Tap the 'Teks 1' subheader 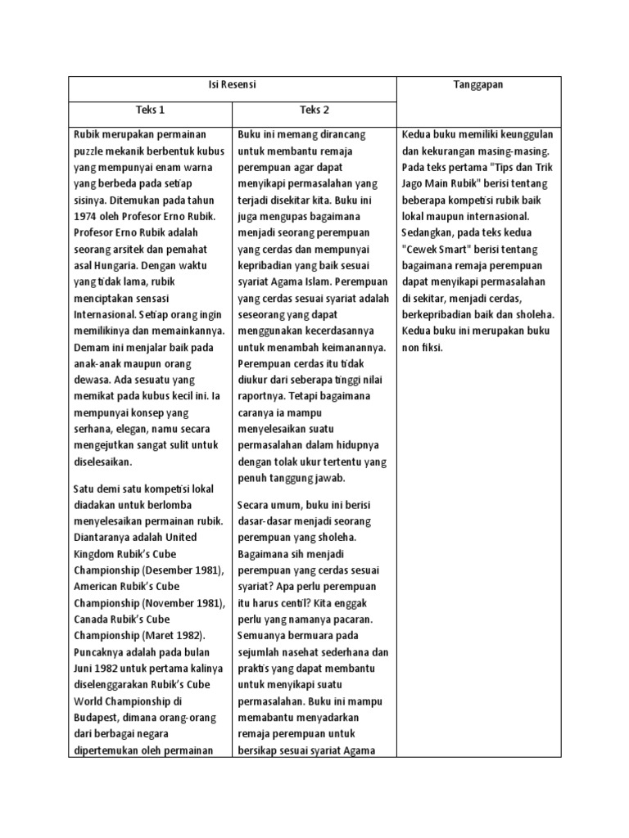(150, 110)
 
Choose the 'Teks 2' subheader (314, 110)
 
